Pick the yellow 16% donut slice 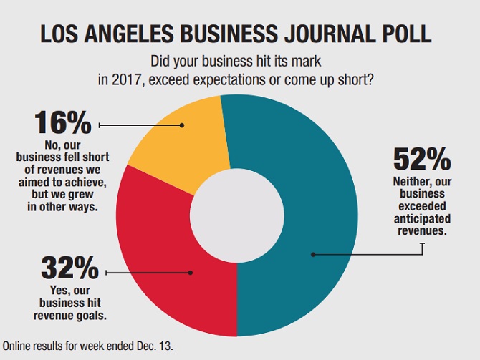[x=172, y=143]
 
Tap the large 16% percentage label [x=62, y=122]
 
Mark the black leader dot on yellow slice [x=182, y=125]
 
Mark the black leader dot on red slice [x=191, y=272]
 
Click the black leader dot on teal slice [x=312, y=253]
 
